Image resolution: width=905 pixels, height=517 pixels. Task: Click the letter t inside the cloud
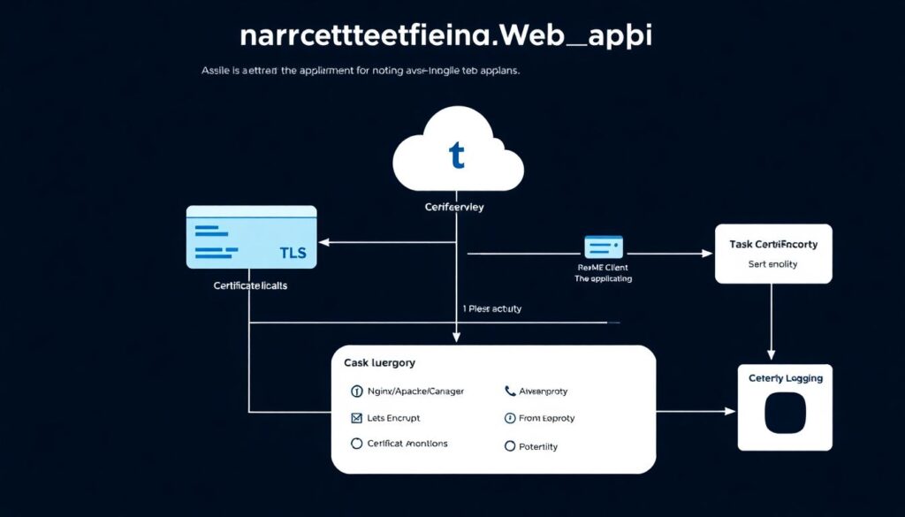point(457,156)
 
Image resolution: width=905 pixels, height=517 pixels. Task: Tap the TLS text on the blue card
point(293,253)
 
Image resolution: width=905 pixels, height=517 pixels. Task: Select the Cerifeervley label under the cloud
point(455,208)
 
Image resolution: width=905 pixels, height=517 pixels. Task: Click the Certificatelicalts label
point(250,286)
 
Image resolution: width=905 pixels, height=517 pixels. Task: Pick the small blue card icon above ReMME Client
point(604,247)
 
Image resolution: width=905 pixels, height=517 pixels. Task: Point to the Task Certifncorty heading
point(773,244)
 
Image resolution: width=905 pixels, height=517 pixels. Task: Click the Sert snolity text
point(773,263)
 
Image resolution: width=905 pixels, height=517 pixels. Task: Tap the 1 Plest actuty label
point(492,308)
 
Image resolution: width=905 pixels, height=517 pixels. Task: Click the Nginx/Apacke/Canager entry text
point(415,391)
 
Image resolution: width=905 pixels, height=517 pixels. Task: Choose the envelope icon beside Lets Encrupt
point(357,418)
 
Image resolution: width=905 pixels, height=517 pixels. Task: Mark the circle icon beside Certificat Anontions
point(357,444)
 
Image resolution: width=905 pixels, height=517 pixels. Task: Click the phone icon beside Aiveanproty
point(510,391)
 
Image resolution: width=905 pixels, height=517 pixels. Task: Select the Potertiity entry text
point(537,446)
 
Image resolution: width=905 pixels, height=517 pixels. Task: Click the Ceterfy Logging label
point(785,378)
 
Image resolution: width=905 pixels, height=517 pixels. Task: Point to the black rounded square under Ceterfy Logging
point(785,414)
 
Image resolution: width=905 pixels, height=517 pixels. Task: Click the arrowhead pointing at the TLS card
point(323,241)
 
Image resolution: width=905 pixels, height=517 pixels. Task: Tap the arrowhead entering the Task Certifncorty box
point(708,254)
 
